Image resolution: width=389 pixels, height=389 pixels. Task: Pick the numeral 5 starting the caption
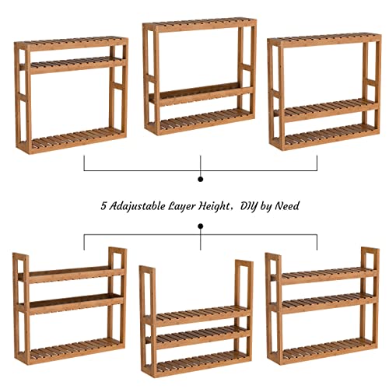coord(103,207)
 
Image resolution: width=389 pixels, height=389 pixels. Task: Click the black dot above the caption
coord(201,179)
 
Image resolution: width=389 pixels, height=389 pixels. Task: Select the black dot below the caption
coord(201,226)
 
